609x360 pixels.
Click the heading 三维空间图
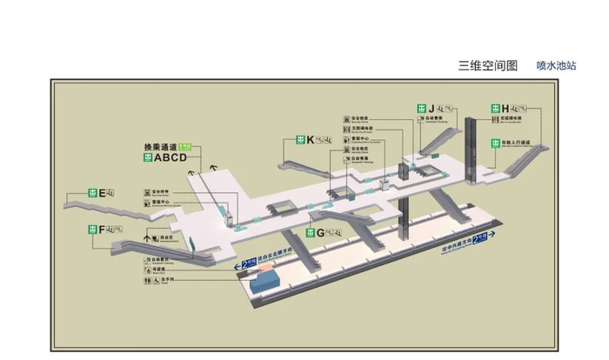pyautogui.click(x=488, y=65)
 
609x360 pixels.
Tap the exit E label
pyautogui.click(x=102, y=193)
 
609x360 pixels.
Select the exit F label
pyautogui.click(x=102, y=230)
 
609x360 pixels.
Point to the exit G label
pyautogui.click(x=319, y=233)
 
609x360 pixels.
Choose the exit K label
pyautogui.click(x=309, y=139)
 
